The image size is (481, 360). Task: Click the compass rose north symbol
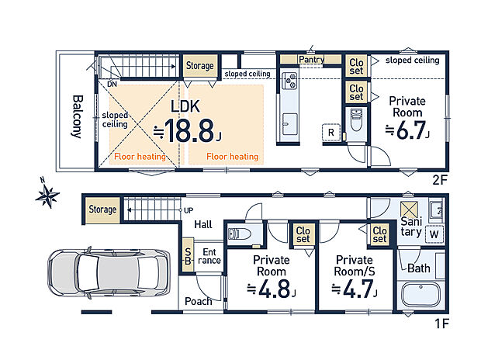[x=47, y=194]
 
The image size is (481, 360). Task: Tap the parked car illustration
[x=109, y=273]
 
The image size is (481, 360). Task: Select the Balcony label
[x=78, y=116]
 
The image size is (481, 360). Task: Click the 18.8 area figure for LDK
[x=188, y=131]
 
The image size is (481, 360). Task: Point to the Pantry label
[x=311, y=59]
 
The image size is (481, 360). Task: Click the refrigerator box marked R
[x=331, y=132]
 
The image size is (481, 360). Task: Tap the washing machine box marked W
[x=434, y=234]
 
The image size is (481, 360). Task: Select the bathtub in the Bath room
[x=420, y=294]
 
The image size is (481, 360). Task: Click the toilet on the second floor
[x=356, y=119]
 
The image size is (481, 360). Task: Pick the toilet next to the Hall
[x=240, y=234]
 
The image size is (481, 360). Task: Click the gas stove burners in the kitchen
[x=289, y=81]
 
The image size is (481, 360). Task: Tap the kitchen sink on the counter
[x=289, y=124]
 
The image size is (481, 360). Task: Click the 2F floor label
[x=440, y=180]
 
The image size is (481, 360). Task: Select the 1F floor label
[x=442, y=324]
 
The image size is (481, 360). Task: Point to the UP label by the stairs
[x=189, y=210]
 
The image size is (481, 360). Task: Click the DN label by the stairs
[x=112, y=84]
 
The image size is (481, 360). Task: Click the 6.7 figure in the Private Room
[x=407, y=130]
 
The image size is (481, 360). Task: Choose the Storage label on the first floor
[x=102, y=209]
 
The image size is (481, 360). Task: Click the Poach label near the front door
[x=199, y=301]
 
